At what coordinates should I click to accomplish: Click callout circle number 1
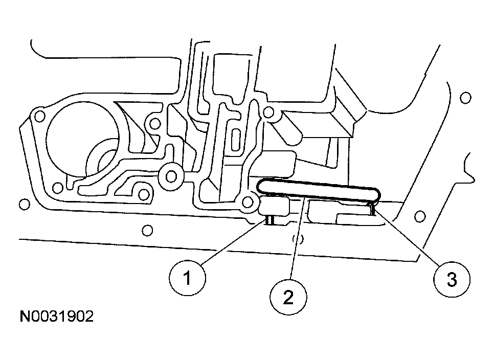click(187, 279)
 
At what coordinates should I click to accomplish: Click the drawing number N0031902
click(57, 317)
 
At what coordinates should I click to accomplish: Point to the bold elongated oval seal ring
click(318, 190)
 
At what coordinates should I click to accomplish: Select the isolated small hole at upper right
click(465, 98)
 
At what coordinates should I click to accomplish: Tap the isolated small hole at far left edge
click(23, 205)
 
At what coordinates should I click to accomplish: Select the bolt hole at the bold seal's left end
click(249, 202)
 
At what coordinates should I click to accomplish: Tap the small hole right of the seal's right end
click(420, 216)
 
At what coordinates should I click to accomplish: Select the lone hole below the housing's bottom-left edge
click(147, 231)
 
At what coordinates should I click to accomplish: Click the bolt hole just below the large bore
click(144, 194)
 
